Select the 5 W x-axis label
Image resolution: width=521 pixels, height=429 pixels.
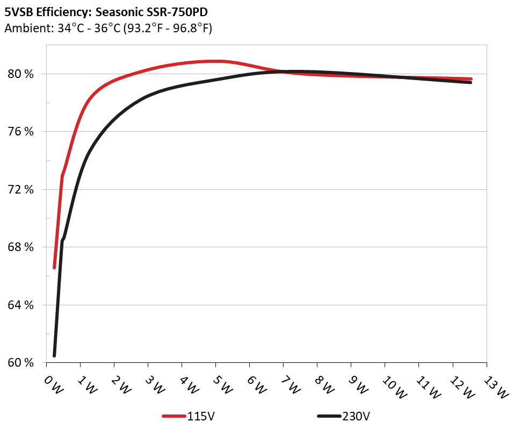coord(223,384)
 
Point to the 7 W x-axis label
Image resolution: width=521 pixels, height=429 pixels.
coord(291,384)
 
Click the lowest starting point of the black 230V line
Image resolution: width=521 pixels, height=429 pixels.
coord(54,355)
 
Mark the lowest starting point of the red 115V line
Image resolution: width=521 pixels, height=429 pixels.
coord(54,267)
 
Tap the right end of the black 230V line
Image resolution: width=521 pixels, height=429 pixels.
coord(471,82)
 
